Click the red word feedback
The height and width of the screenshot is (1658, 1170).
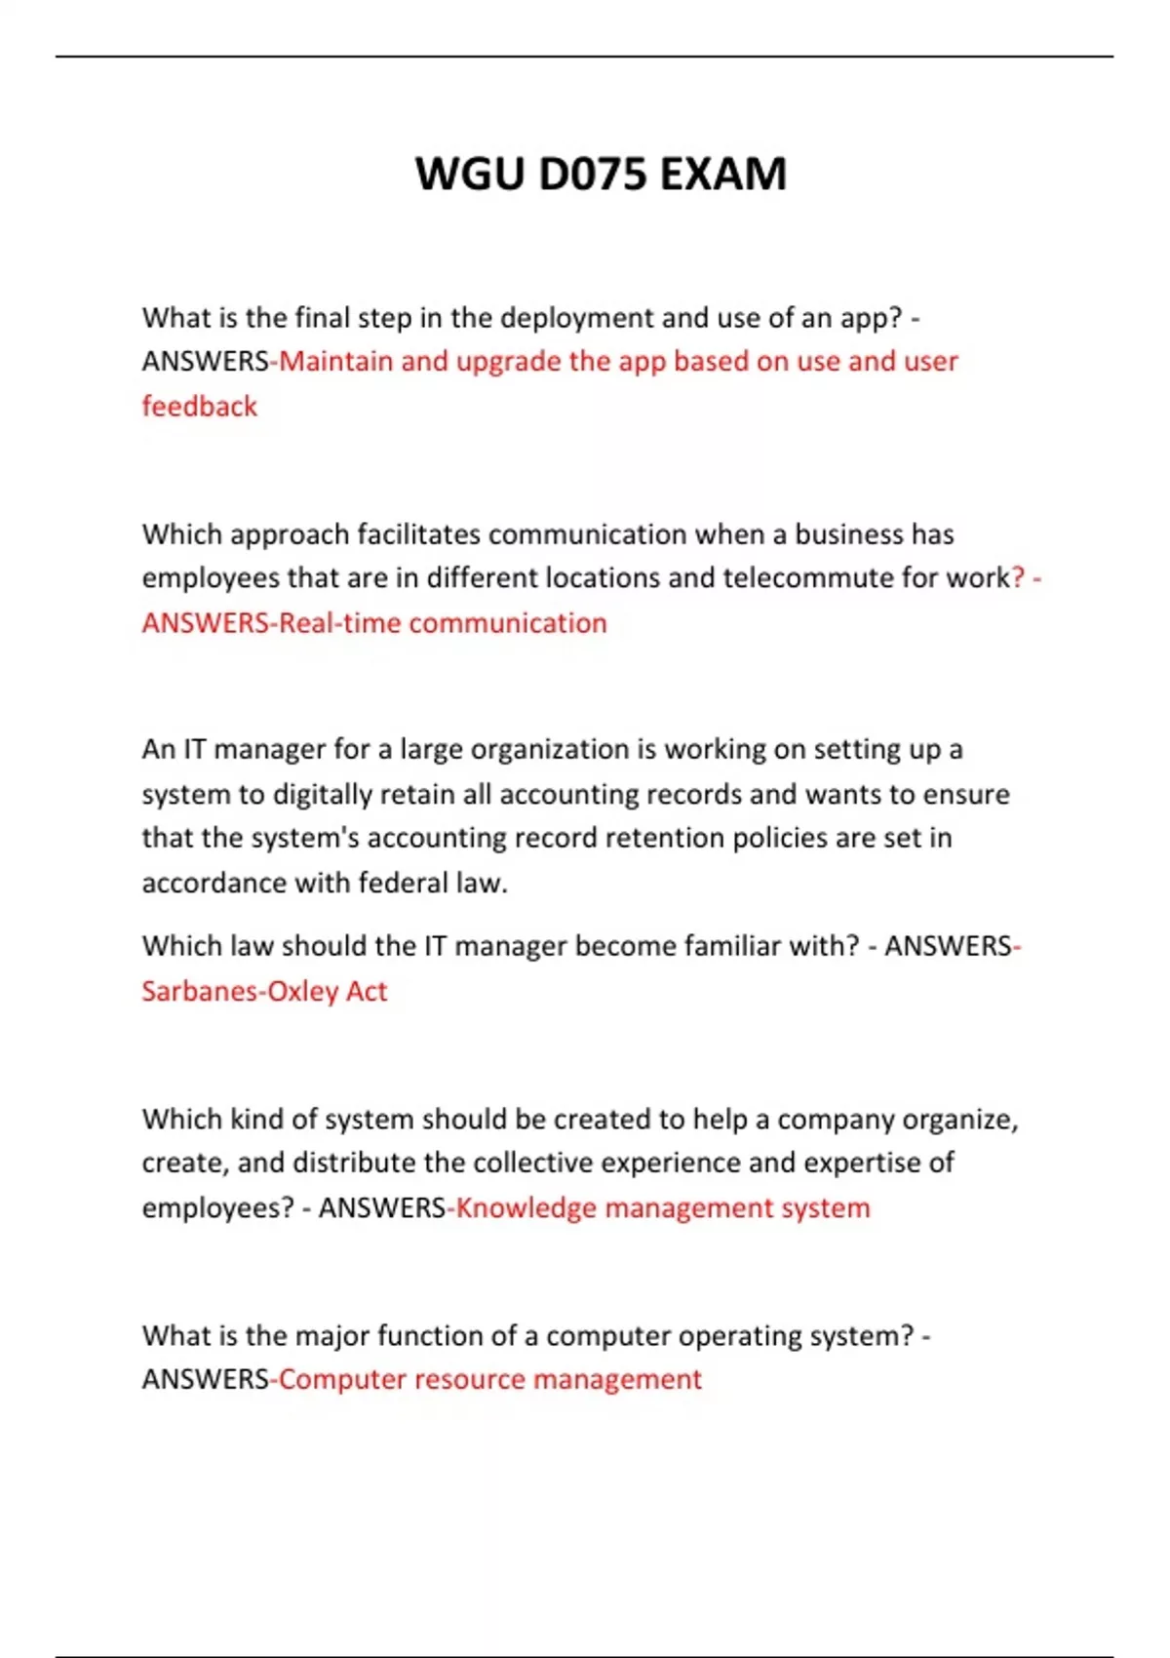tap(200, 406)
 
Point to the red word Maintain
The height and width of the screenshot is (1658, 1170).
tap(336, 362)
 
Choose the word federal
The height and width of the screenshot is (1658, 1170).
tap(403, 884)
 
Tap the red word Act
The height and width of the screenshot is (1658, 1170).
tap(367, 992)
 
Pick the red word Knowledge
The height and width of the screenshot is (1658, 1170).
tap(526, 1208)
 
